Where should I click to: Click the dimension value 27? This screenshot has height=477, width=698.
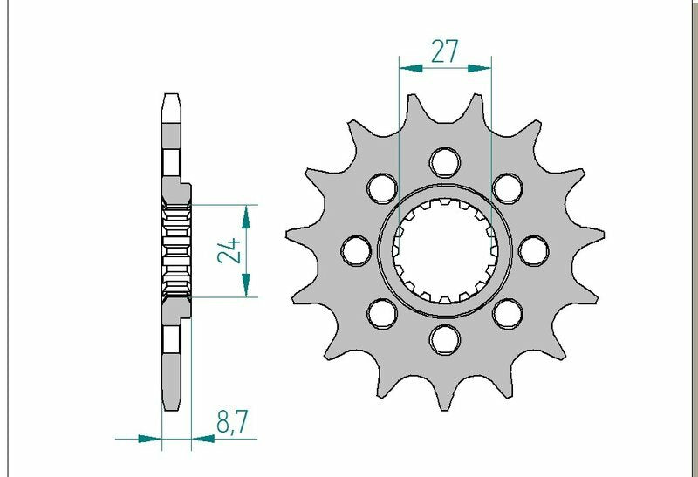pos(444,52)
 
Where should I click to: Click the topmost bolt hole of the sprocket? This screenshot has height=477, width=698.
pos(444,161)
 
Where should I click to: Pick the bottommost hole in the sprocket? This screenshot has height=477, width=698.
pos(444,337)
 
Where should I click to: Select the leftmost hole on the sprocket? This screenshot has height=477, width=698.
pos(355,250)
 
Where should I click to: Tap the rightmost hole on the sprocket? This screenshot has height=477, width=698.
pos(532,250)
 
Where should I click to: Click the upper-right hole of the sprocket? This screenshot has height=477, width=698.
pos(506,187)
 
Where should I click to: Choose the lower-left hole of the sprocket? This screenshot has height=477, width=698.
pos(381,312)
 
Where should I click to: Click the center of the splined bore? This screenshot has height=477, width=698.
pos(444,250)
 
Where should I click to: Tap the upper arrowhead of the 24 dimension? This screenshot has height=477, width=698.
pos(248,213)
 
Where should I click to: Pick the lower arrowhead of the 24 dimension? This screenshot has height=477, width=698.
pos(248,288)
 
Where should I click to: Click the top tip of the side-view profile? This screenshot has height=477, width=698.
pos(172,94)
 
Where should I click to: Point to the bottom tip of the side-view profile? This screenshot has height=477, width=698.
pos(172,405)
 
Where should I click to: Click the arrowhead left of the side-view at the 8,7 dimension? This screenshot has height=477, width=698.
pos(154,438)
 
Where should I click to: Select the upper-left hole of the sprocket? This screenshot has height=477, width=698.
pos(381,187)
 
